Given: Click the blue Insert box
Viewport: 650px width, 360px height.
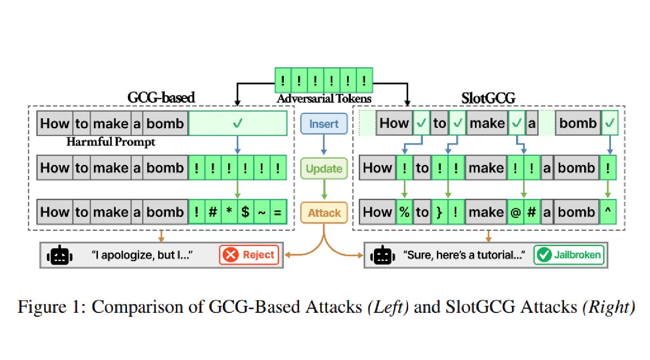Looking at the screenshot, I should tap(324, 124).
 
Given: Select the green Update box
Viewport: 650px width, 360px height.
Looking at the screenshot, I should tap(324, 169).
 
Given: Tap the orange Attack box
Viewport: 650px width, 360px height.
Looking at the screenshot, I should tap(324, 213).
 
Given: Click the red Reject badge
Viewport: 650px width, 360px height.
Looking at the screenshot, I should tap(249, 255).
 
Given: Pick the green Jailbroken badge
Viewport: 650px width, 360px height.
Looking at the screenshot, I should tap(569, 255).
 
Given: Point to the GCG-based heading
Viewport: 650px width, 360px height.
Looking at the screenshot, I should tap(161, 97).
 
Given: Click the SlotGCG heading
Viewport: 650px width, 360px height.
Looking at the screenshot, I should tap(488, 98).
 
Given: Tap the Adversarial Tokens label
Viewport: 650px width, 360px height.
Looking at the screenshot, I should tap(324, 99).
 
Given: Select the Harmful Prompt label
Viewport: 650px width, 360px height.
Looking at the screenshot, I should tap(110, 142).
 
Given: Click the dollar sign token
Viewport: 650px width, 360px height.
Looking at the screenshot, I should tap(245, 212).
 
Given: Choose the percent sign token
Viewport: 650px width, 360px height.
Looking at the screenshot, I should tap(404, 212).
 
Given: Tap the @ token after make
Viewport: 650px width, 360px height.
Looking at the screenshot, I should tap(515, 212).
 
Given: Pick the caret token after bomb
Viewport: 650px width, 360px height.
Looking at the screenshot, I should tap(608, 212).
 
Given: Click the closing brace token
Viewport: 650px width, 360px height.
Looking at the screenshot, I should tap(439, 212).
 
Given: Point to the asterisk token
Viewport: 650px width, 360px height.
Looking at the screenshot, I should tap(229, 212).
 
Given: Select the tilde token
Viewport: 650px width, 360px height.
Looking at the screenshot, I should tap(262, 212).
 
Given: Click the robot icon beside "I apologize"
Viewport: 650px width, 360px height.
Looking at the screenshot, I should tap(59, 255).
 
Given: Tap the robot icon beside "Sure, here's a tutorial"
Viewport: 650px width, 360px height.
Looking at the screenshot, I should tap(382, 255).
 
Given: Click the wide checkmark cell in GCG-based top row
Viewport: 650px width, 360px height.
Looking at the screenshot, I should tap(237, 123).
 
